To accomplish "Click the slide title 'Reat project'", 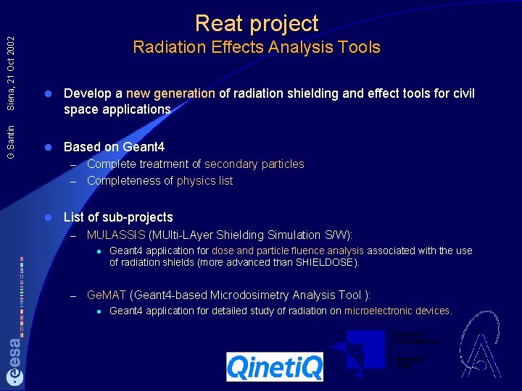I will pyautogui.click(x=257, y=23).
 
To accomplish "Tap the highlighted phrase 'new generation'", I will pyautogui.click(x=170, y=93).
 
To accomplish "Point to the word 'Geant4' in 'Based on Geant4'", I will pyautogui.click(x=144, y=147).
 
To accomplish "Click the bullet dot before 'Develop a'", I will pyautogui.click(x=47, y=94).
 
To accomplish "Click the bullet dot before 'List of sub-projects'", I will pyautogui.click(x=47, y=217).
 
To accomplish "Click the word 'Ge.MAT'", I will pyautogui.click(x=106, y=295).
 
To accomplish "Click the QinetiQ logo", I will pyautogui.click(x=275, y=367).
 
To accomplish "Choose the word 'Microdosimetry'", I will pyautogui.click(x=250, y=295).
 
